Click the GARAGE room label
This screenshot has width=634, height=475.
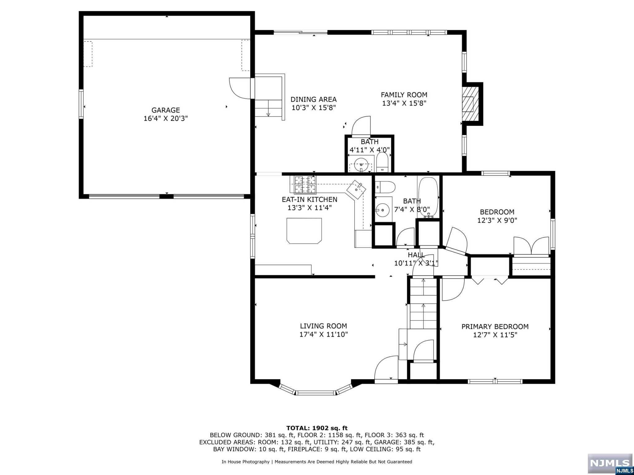point(166,110)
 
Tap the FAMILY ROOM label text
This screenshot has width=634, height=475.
point(404,95)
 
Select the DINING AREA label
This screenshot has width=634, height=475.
point(314,99)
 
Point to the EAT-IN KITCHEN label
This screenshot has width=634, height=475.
point(310,199)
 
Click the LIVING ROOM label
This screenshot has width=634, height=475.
point(324,326)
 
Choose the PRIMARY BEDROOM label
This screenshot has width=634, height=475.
point(495,327)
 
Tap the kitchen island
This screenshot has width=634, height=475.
point(304,231)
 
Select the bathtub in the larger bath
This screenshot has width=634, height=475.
point(428,197)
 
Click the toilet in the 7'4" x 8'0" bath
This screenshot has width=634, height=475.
point(385,187)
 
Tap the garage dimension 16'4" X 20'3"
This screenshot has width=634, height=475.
point(166,118)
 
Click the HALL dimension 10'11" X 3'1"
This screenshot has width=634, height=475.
point(416,263)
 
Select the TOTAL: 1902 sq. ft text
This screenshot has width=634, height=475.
point(317,428)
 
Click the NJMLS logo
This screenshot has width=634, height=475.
point(610,464)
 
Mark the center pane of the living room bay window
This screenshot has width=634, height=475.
point(316,393)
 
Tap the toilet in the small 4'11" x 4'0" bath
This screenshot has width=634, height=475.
point(382,162)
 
